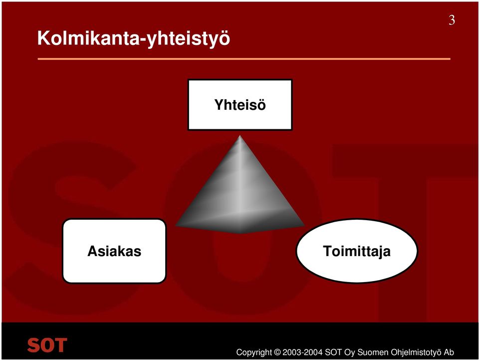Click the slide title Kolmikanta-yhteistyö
pyautogui.click(x=134, y=39)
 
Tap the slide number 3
pyautogui.click(x=452, y=20)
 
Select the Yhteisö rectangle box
pyautogui.click(x=240, y=104)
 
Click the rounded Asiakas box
pyautogui.click(x=114, y=251)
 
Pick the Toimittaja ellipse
pyautogui.click(x=357, y=251)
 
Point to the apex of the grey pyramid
pyautogui.click(x=240, y=136)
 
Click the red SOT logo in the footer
pyautogui.click(x=47, y=345)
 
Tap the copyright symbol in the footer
pyautogui.click(x=277, y=353)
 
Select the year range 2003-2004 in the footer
pyautogui.click(x=302, y=353)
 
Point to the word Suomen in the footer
pyautogui.click(x=373, y=353)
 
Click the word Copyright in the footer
pyautogui.click(x=254, y=353)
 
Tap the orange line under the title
pyautogui.click(x=244, y=59)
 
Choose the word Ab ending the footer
pyautogui.click(x=449, y=353)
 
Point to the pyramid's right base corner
pyautogui.click(x=304, y=226)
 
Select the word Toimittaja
pyautogui.click(x=357, y=252)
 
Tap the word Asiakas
pyautogui.click(x=114, y=251)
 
